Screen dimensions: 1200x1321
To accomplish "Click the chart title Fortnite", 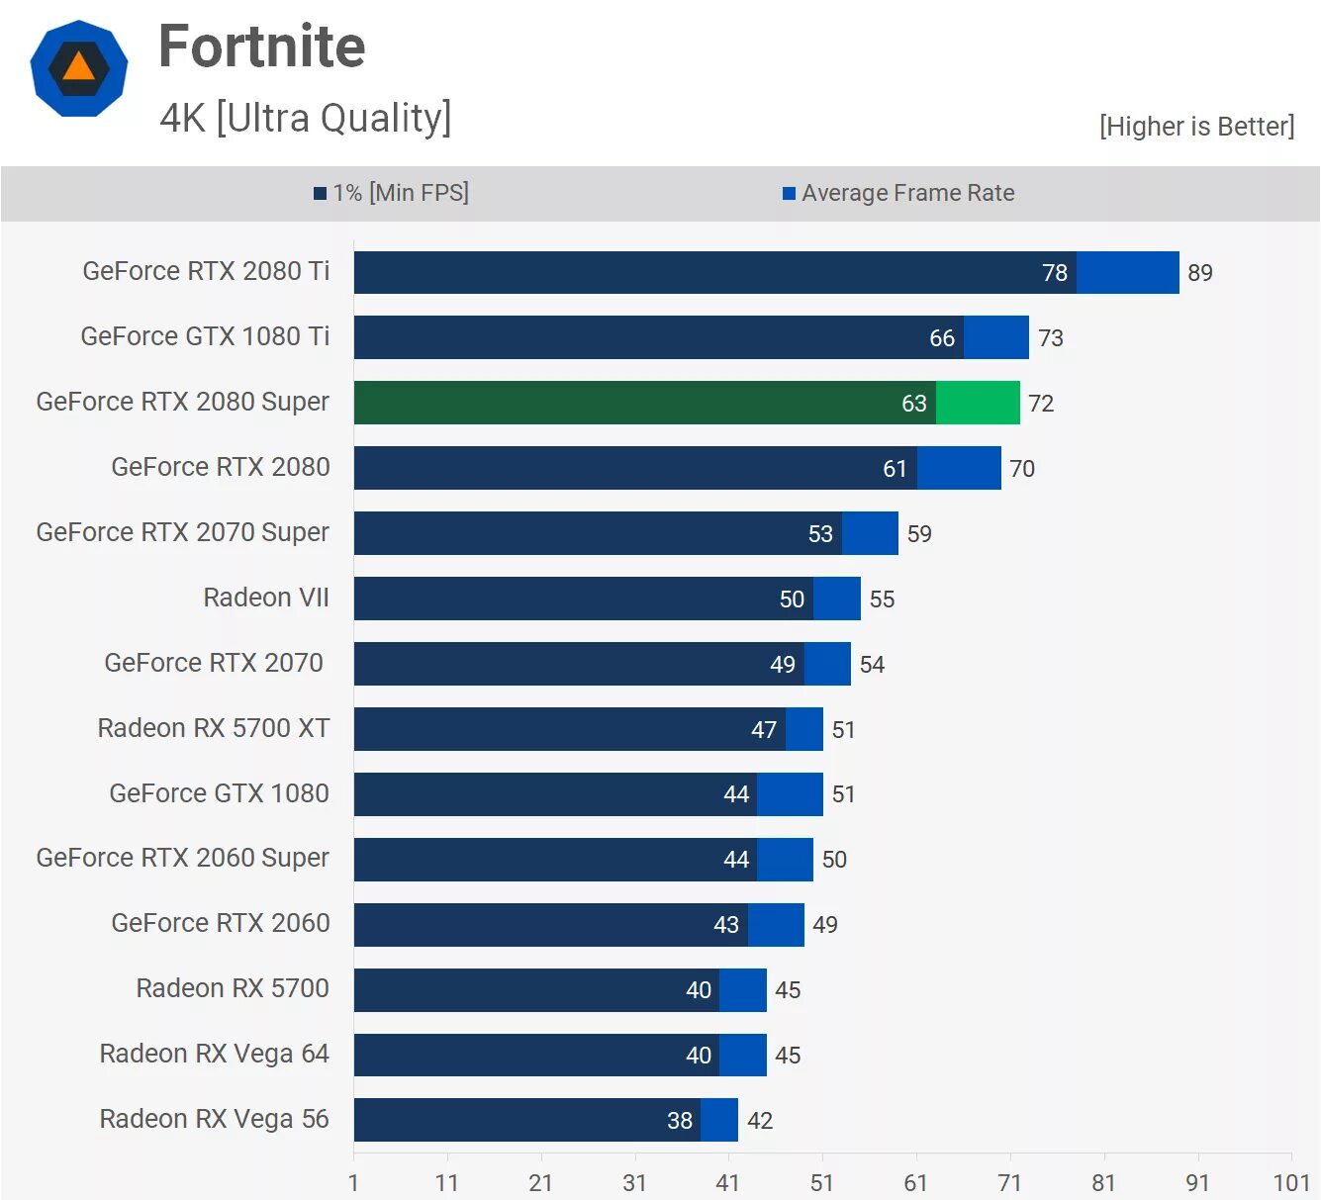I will point(262,46).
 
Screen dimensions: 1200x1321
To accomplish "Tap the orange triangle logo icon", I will point(79,67).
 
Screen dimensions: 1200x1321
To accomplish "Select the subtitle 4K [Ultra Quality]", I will point(306,118).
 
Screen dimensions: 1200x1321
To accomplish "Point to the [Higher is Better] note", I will point(1196,127).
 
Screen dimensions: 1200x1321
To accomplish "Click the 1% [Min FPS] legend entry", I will point(392,193).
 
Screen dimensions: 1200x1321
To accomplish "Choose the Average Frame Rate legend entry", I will point(898,193).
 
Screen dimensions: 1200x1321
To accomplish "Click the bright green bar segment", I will point(978,403).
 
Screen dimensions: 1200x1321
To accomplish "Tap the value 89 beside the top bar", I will point(1200,273).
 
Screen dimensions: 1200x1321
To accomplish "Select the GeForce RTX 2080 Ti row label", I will point(206,271).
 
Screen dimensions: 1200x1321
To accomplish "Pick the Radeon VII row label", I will point(266,598).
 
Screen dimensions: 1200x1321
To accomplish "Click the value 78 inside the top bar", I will point(1055,273).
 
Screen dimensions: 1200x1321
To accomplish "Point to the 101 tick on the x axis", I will point(1291,1183).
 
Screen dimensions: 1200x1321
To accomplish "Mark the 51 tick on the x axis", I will point(822,1183).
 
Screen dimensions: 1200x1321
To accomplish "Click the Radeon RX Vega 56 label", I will point(214,1119).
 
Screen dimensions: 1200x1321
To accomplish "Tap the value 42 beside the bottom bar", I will point(760,1121).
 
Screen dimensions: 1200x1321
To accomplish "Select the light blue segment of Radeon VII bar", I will point(837,599).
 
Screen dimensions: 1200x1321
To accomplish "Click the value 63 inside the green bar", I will point(914,404).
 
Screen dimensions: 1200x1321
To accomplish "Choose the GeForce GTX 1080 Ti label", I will point(205,336).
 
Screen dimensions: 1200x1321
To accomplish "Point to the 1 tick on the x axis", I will point(353,1183).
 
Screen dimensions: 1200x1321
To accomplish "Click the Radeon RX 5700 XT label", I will point(214,728).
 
